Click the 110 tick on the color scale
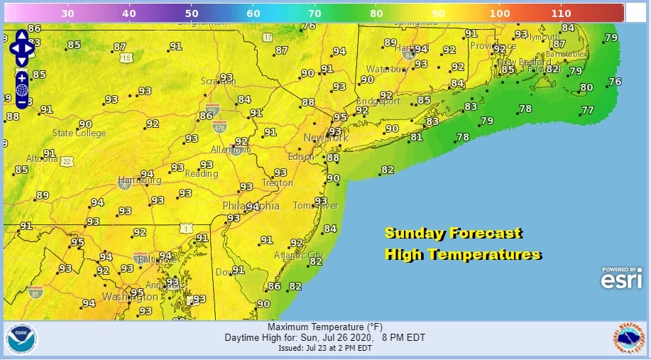[x=560, y=13]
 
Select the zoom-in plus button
[x=22, y=77]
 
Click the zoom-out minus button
[x=22, y=102]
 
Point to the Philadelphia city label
[x=251, y=206]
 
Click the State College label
[x=79, y=133]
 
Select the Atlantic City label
[x=298, y=255]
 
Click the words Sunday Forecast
[x=453, y=233]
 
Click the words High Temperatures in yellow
[x=463, y=254]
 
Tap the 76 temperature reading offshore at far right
[x=615, y=82]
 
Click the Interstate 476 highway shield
[x=219, y=126]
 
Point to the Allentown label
[x=231, y=150]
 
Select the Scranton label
[x=217, y=81]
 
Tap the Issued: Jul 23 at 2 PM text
[x=324, y=348]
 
